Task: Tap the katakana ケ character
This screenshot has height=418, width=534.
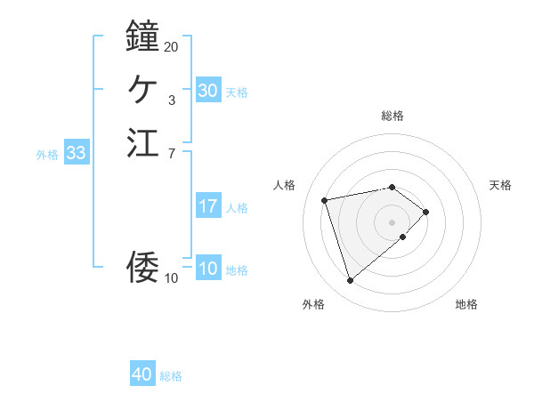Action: point(142,89)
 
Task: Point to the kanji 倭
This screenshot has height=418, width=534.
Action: point(142,267)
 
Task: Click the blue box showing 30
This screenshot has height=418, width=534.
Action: point(207,91)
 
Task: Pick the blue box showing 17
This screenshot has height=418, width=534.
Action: point(207,206)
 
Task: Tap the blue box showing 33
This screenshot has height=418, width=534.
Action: point(76,153)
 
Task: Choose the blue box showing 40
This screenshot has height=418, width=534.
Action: point(142,374)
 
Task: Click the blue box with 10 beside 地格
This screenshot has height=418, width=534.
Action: point(207,269)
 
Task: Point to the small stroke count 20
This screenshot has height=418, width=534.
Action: point(172,46)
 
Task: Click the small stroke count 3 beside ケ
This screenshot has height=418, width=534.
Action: point(172,100)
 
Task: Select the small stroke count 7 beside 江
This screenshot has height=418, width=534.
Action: point(172,153)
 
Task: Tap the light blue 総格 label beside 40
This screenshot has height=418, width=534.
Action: point(171,376)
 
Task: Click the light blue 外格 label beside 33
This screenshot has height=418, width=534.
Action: point(47,155)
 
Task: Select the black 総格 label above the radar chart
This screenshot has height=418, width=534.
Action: point(392,116)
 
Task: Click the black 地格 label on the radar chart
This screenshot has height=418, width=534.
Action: point(466,304)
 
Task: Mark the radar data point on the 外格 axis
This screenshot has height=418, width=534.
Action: point(350,281)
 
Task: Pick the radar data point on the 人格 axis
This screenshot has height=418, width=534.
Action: point(326,199)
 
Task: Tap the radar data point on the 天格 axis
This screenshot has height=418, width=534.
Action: point(427,212)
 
